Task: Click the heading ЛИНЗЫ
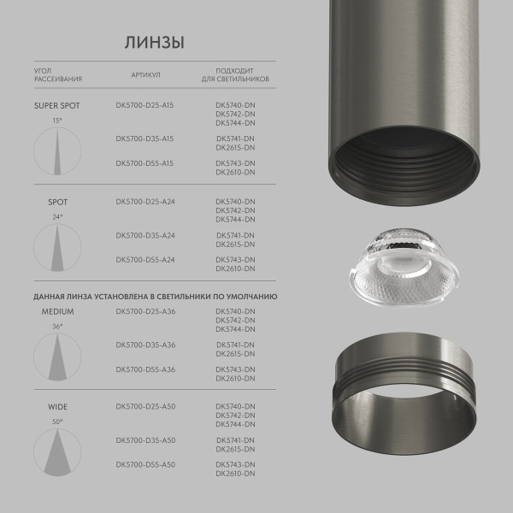[154, 43]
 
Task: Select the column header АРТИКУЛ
[145, 74]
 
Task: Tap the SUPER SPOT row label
[56, 106]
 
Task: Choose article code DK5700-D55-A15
[144, 162]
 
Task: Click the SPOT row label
[57, 202]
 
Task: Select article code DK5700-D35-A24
[144, 235]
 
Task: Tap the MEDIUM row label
[57, 312]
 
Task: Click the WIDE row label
[57, 407]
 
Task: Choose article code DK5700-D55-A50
[144, 463]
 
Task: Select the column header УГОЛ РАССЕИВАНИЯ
[57, 74]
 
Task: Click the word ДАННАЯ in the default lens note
[51, 296]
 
